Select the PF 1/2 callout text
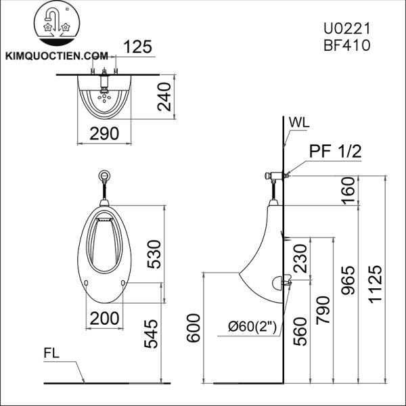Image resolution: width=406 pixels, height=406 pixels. coord(336,152)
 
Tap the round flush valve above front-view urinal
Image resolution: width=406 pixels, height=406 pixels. coord(104,176)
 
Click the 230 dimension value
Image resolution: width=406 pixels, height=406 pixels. coord(300,259)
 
